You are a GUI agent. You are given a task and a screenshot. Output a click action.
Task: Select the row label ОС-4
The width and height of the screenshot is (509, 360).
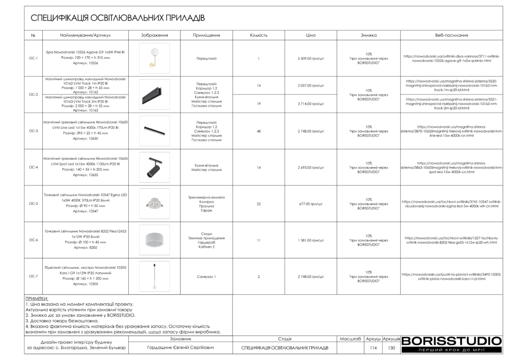click(33, 168)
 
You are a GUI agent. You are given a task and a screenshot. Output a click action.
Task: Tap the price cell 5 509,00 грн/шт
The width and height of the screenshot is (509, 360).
click(311, 59)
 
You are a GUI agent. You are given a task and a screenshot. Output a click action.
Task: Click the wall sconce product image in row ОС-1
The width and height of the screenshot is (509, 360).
click(154, 58)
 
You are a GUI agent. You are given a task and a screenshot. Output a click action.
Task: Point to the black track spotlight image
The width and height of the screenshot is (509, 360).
click(154, 168)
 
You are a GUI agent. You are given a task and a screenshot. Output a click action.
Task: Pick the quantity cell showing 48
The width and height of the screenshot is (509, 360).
click(258, 131)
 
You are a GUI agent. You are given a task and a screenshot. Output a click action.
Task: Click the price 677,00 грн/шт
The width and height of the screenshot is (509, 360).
click(311, 204)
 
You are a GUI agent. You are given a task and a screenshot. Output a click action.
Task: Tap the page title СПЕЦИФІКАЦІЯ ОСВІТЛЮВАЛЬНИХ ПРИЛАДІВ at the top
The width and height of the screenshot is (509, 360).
click(118, 18)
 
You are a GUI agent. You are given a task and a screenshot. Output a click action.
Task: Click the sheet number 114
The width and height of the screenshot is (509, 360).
click(374, 348)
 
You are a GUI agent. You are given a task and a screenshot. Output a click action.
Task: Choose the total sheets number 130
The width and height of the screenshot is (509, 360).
click(391, 348)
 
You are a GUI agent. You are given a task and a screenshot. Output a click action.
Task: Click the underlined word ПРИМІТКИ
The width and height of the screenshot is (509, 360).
click(37, 299)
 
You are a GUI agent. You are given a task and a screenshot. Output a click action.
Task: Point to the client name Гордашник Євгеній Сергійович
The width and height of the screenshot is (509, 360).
click(180, 348)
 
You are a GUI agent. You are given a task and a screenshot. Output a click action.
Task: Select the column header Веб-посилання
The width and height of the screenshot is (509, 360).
click(451, 35)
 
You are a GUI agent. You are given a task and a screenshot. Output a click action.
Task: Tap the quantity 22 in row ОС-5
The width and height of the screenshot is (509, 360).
click(258, 204)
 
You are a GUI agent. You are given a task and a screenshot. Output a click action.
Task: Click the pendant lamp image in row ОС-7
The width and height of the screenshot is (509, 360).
click(154, 276)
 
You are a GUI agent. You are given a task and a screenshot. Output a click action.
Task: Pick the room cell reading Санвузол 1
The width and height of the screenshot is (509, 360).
click(206, 276)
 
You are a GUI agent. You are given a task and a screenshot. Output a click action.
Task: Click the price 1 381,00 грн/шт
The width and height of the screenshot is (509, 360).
click(311, 240)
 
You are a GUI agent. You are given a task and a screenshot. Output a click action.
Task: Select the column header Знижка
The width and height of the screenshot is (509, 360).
click(368, 35)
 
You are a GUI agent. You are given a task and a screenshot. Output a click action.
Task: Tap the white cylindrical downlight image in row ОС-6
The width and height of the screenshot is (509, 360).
click(154, 240)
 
